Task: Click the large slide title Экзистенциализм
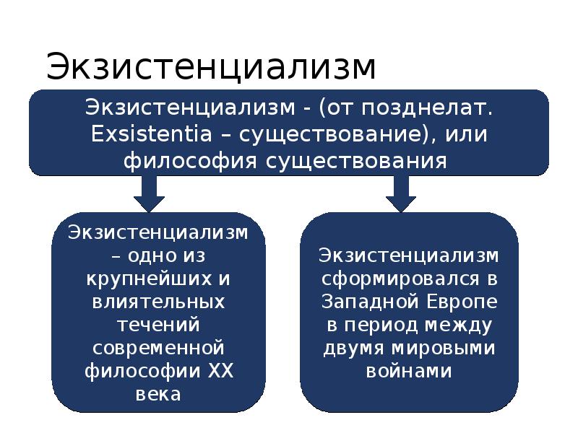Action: [x=211, y=67]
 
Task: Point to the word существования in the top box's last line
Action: [x=358, y=159]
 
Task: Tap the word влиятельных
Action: [x=158, y=301]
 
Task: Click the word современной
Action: [x=158, y=348]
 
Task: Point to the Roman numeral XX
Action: [x=221, y=371]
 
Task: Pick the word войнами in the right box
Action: [x=409, y=371]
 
